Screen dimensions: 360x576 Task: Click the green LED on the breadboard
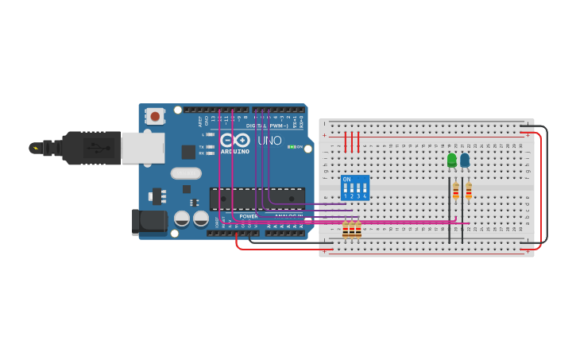click(452, 160)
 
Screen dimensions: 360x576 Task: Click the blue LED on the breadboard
click(465, 160)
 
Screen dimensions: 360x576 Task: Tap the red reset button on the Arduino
click(155, 116)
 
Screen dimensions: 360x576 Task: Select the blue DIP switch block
click(355, 188)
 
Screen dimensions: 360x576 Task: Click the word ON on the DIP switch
click(346, 180)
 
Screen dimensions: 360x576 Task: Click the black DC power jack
click(149, 222)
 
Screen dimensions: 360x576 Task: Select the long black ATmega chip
click(257, 198)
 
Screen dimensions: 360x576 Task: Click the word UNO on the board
click(269, 141)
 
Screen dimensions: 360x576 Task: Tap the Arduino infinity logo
click(235, 140)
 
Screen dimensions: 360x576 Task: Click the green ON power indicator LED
click(292, 147)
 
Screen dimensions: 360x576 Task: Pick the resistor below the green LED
click(456, 191)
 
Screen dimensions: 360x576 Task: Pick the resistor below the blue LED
click(469, 191)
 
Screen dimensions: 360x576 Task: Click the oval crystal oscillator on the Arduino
click(186, 173)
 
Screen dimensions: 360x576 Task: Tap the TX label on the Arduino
click(202, 147)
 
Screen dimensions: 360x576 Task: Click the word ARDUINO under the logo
click(235, 151)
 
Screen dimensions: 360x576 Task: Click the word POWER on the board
click(249, 216)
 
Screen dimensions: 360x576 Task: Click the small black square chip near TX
click(188, 152)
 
